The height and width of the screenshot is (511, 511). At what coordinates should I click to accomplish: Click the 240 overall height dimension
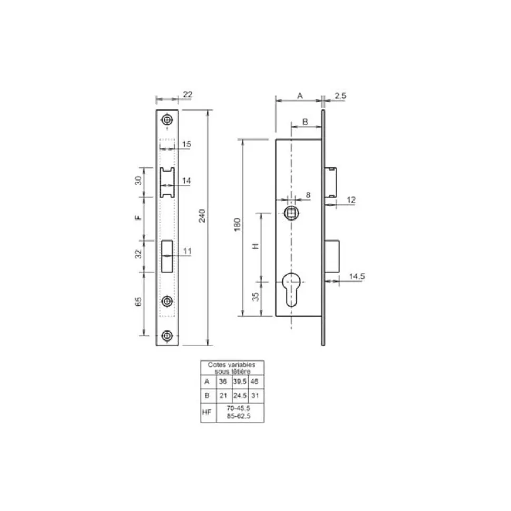click(x=202, y=216)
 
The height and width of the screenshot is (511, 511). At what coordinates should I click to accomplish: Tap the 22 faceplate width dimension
click(x=188, y=95)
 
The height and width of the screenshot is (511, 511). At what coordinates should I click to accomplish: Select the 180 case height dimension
click(x=237, y=225)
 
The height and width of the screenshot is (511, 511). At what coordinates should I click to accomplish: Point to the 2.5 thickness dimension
click(x=340, y=96)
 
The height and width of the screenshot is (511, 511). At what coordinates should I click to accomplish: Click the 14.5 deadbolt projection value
click(x=357, y=276)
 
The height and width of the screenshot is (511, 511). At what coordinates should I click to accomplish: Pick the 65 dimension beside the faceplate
click(x=139, y=302)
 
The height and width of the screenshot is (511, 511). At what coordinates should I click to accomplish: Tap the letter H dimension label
click(x=255, y=246)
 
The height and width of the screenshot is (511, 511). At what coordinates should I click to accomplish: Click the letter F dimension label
click(x=139, y=218)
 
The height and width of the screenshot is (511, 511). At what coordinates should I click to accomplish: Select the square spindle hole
click(x=291, y=213)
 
